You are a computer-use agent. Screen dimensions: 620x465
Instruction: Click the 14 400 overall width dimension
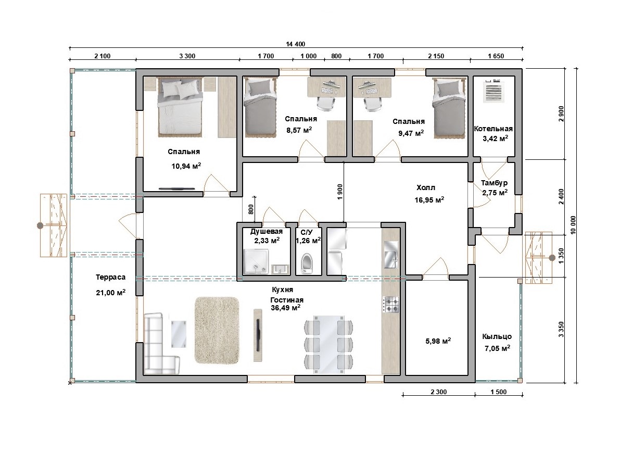[x=295, y=44]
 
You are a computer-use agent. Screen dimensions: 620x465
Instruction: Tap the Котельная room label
[x=493, y=129]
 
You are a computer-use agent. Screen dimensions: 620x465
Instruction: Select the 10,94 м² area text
[x=186, y=166]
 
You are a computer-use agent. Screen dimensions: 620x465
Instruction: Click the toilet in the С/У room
[x=307, y=263]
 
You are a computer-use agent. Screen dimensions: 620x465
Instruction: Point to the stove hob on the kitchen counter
[x=390, y=305]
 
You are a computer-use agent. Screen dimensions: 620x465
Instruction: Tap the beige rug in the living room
[x=217, y=330]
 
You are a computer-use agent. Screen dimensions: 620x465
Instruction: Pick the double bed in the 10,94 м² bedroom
[x=180, y=107]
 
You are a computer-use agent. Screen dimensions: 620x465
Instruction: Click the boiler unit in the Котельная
[x=494, y=91]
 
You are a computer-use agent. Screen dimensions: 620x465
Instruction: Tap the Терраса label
[x=111, y=278]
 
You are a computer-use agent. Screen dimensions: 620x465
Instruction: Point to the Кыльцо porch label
[x=497, y=337]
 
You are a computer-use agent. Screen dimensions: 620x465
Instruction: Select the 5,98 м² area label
[x=438, y=341]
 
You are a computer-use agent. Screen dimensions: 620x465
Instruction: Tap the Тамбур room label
[x=494, y=183]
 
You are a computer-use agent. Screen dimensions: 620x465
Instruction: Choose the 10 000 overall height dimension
[x=573, y=225]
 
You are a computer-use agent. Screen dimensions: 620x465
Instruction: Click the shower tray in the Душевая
[x=256, y=261]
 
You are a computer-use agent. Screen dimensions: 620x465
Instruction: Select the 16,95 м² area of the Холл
[x=429, y=200]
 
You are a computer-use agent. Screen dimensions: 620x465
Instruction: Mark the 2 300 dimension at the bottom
[x=438, y=392]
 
